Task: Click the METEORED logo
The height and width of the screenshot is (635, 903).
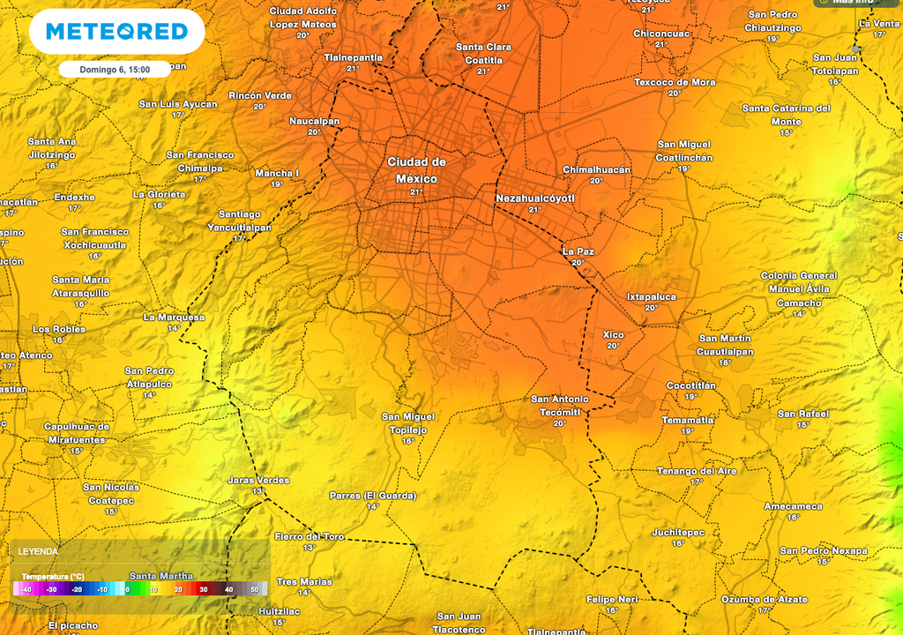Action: pyautogui.click(x=116, y=32)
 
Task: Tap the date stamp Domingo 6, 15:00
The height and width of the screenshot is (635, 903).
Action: pyautogui.click(x=115, y=69)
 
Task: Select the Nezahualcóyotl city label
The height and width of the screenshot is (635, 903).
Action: pyautogui.click(x=535, y=198)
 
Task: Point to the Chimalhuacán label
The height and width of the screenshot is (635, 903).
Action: pyautogui.click(x=597, y=169)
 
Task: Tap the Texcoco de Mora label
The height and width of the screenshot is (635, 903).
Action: pyautogui.click(x=675, y=82)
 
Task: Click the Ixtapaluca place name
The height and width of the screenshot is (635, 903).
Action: pyautogui.click(x=652, y=297)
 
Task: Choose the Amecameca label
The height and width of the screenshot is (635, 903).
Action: pyautogui.click(x=793, y=506)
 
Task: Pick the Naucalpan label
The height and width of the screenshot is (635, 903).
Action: pyautogui.click(x=314, y=121)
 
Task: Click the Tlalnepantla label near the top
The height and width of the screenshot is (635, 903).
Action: pyautogui.click(x=353, y=57)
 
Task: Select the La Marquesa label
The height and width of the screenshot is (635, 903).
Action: pyautogui.click(x=174, y=317)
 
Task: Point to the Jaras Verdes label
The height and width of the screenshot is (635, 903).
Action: pyautogui.click(x=258, y=480)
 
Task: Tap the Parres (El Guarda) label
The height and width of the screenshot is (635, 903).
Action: pyautogui.click(x=372, y=496)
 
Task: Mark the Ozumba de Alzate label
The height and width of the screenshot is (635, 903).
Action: pyautogui.click(x=764, y=599)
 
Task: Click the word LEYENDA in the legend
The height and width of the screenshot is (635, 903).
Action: pyautogui.click(x=38, y=551)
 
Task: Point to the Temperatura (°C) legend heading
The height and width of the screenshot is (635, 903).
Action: pyautogui.click(x=53, y=576)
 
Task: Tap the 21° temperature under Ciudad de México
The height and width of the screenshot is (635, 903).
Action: pyautogui.click(x=416, y=191)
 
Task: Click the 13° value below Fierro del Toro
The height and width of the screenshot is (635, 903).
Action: pyautogui.click(x=309, y=548)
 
